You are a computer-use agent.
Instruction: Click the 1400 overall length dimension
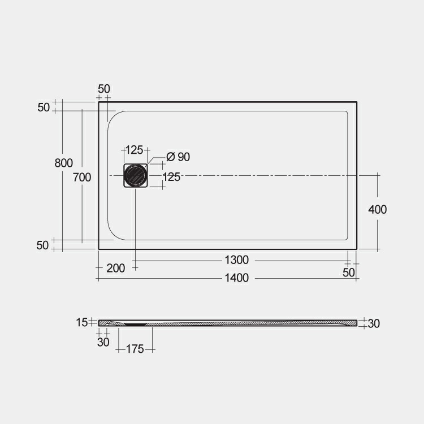(236, 278)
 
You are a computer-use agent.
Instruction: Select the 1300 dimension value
(236, 260)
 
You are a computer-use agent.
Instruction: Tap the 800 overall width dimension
(63, 163)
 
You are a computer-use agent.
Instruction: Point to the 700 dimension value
(82, 178)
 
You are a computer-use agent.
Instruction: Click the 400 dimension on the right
(377, 210)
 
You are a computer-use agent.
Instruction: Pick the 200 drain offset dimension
(115, 269)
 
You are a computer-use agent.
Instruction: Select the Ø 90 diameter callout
(178, 157)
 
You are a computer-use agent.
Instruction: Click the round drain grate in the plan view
(136, 176)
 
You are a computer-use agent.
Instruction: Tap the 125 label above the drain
(134, 150)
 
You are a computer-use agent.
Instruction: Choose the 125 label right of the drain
(171, 178)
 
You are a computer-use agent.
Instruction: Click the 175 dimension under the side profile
(135, 349)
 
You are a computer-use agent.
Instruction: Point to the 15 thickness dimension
(81, 322)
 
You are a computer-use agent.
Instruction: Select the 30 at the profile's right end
(374, 323)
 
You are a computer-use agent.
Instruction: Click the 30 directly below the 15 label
(103, 342)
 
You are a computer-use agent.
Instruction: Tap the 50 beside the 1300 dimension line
(349, 272)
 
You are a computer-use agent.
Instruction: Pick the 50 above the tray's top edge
(104, 89)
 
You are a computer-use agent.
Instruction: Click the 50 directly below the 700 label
(43, 245)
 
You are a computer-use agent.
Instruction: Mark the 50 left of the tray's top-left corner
(44, 107)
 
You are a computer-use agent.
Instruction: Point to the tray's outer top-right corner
(356, 102)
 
